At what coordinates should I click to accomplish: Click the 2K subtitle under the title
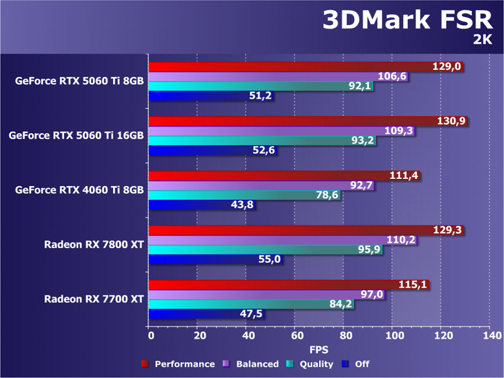pyautogui.click(x=482, y=40)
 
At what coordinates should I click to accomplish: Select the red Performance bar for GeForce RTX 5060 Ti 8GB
pyautogui.click(x=291, y=67)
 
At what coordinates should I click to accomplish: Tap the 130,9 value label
pyautogui.click(x=451, y=121)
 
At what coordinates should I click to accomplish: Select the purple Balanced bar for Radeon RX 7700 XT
pyautogui.click(x=258, y=294)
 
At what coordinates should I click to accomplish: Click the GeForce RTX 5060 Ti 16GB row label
pyautogui.click(x=76, y=136)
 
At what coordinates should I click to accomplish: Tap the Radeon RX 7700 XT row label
pyautogui.click(x=94, y=299)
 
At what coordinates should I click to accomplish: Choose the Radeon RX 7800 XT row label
pyautogui.click(x=94, y=244)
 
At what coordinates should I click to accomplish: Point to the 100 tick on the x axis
pyautogui.click(x=394, y=335)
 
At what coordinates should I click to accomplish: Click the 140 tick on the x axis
pyautogui.click(x=491, y=335)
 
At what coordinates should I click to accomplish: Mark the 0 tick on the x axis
pyautogui.click(x=150, y=335)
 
